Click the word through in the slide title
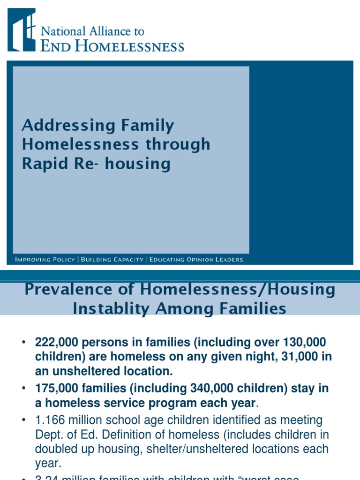coord(178,145)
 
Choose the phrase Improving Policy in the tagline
coord(45,260)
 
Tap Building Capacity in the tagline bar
coord(112,260)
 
